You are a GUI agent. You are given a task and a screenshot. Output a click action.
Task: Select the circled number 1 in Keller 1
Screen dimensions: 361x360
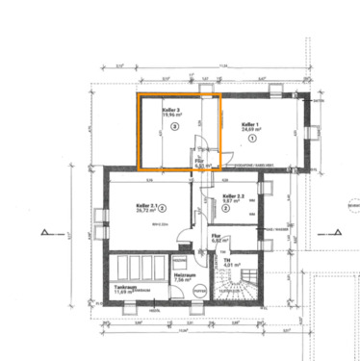click(253, 139)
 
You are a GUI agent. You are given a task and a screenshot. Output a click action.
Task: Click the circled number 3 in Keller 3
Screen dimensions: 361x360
click(174, 127)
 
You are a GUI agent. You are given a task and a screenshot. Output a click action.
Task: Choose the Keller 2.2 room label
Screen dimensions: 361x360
click(233, 195)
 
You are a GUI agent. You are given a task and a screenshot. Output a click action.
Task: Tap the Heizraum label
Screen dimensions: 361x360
click(183, 275)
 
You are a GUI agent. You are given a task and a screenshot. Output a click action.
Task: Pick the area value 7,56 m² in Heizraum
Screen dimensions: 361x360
click(183, 281)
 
